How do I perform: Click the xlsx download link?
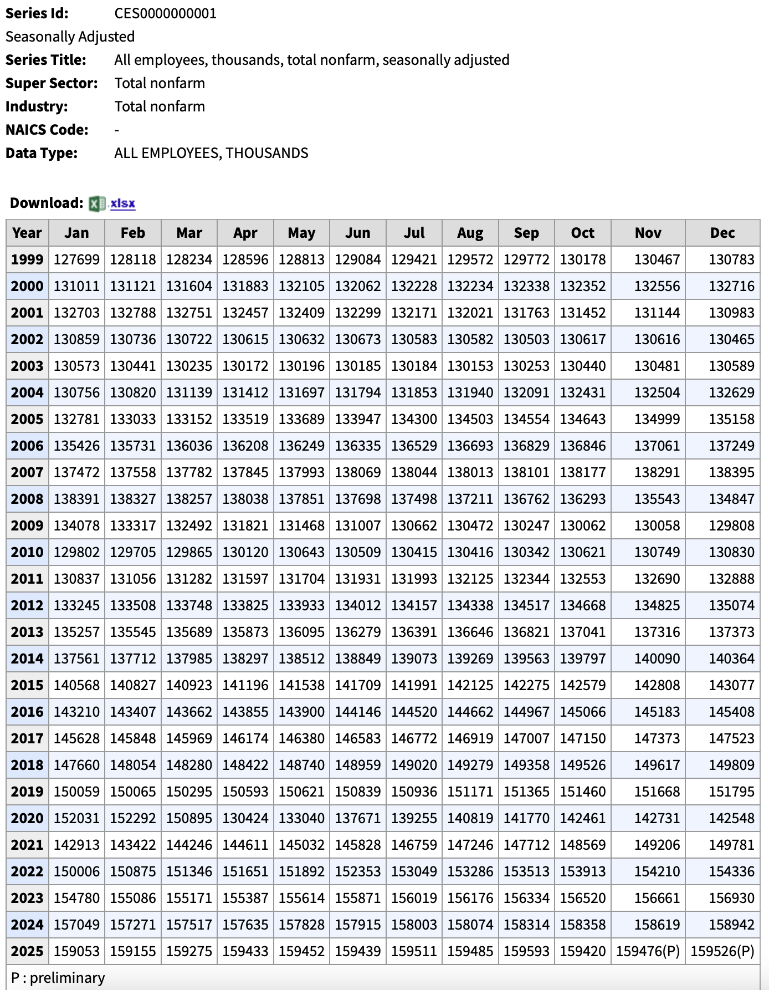pyautogui.click(x=122, y=203)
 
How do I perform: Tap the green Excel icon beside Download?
pyautogui.click(x=97, y=203)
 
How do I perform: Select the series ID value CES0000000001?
pyautogui.click(x=165, y=13)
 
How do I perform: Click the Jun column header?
pyautogui.click(x=358, y=233)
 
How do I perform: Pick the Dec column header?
pyautogui.click(x=722, y=233)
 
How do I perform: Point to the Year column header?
pyautogui.click(x=27, y=233)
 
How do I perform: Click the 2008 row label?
pyautogui.click(x=27, y=499)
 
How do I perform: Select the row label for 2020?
pyautogui.click(x=27, y=818)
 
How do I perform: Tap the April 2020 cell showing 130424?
pyautogui.click(x=245, y=818)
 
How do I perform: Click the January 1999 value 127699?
pyautogui.click(x=76, y=259)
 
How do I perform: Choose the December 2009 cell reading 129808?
pyautogui.click(x=731, y=525)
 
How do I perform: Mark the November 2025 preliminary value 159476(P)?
pyautogui.click(x=648, y=951)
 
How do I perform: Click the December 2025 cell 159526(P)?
pyautogui.click(x=722, y=951)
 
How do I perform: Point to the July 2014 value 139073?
pyautogui.click(x=414, y=659)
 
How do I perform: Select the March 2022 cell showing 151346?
pyautogui.click(x=189, y=871)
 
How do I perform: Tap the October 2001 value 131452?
pyautogui.click(x=582, y=313)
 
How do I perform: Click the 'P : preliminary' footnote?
pyautogui.click(x=58, y=978)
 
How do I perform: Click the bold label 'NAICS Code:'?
pyautogui.click(x=47, y=130)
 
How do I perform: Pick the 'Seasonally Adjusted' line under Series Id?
pyautogui.click(x=70, y=37)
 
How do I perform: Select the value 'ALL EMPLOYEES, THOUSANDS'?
pyautogui.click(x=211, y=153)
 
